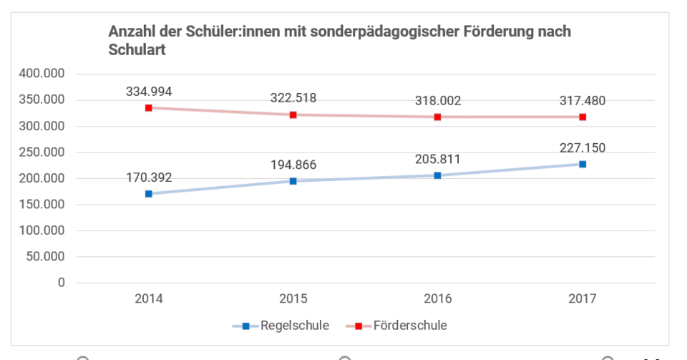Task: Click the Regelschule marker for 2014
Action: [149, 194]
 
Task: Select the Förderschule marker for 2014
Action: [149, 107]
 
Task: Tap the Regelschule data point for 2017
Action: [583, 164]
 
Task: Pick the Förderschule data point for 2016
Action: [438, 117]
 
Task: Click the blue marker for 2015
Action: [293, 181]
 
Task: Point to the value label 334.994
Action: [149, 91]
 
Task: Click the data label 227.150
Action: [583, 148]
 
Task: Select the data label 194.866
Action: [293, 165]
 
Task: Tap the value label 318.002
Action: [438, 101]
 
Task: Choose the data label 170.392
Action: [149, 177]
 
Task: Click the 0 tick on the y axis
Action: [62, 283]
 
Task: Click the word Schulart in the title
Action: [137, 51]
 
